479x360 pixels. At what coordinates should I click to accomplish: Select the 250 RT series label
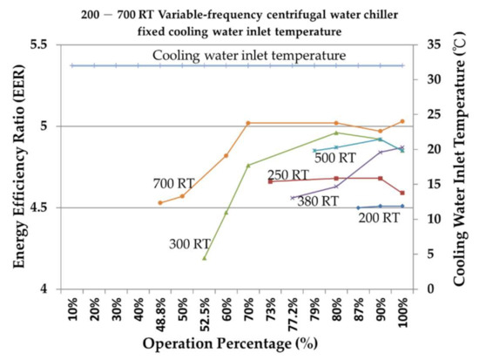pos(287,175)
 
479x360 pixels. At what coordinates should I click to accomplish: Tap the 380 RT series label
pos(319,201)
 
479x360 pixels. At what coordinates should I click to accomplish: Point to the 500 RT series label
pos(335,158)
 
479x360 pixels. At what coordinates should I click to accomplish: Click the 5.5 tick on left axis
pos(38,44)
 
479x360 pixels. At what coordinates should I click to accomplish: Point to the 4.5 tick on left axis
pos(38,207)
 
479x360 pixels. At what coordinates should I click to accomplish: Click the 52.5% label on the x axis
pos(205,309)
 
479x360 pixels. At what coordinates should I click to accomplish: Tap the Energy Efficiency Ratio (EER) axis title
pos(13,166)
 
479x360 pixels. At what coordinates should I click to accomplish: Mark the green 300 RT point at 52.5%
pos(205,258)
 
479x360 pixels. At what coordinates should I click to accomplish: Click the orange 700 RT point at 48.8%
pos(160,203)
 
